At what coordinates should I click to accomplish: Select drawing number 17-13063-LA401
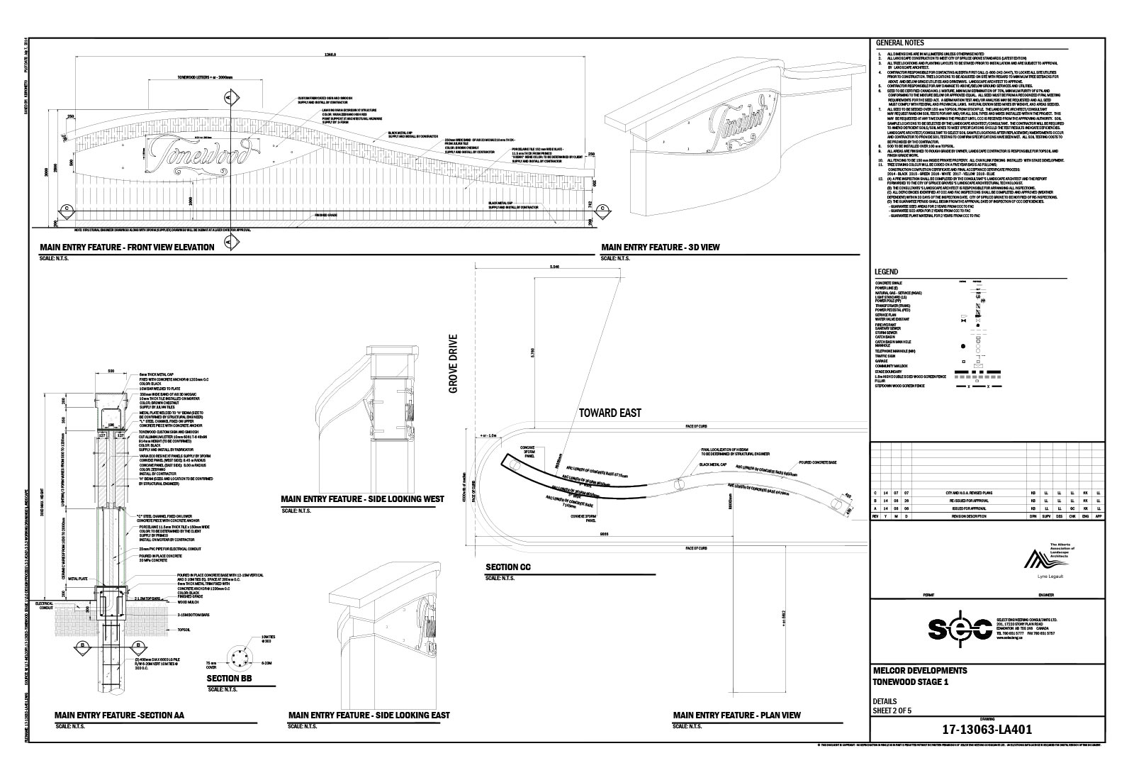click(x=986, y=729)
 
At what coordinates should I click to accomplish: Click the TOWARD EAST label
click(x=611, y=413)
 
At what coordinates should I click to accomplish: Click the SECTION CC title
click(x=507, y=567)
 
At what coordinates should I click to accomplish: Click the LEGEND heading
click(x=887, y=272)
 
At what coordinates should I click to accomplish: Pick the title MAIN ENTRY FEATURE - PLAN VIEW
click(x=737, y=715)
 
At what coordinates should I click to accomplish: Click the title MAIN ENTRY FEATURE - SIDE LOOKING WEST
click(x=362, y=499)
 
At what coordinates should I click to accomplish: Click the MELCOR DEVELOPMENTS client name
click(x=920, y=671)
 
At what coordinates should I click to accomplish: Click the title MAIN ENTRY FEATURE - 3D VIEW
click(x=661, y=247)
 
